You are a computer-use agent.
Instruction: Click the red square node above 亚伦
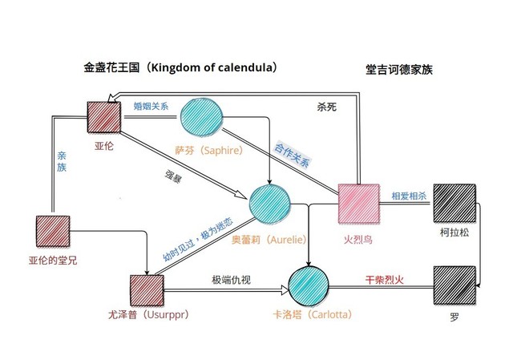[x=103, y=118]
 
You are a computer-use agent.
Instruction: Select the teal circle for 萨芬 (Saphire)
[x=201, y=118]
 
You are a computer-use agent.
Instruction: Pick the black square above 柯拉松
[x=454, y=203]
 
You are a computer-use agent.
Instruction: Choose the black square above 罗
[x=454, y=286]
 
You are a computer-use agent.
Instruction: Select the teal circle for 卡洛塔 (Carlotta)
[x=309, y=286]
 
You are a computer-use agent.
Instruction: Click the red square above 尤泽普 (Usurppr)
[x=147, y=290]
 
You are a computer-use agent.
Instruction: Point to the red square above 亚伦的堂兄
[x=53, y=231]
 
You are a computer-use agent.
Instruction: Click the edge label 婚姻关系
[x=151, y=107]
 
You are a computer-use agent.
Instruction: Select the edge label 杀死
[x=327, y=107]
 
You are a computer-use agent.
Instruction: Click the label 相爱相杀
[x=409, y=196]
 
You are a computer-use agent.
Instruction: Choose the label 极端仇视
[x=231, y=280]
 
